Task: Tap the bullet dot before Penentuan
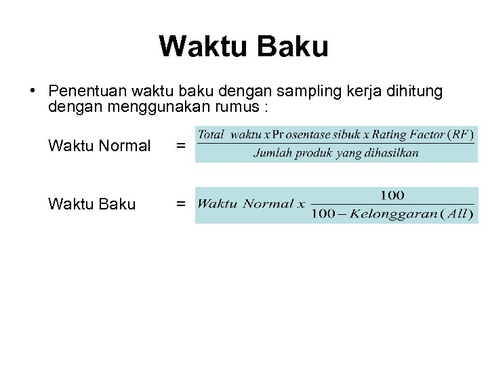tap(32, 90)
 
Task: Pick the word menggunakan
tap(129, 107)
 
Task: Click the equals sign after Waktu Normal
tap(180, 145)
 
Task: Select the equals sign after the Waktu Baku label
tap(180, 204)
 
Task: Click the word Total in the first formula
tap(211, 134)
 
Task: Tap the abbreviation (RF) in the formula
tap(461, 134)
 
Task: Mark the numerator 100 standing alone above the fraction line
tap(392, 195)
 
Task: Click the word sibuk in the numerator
tap(340, 134)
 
